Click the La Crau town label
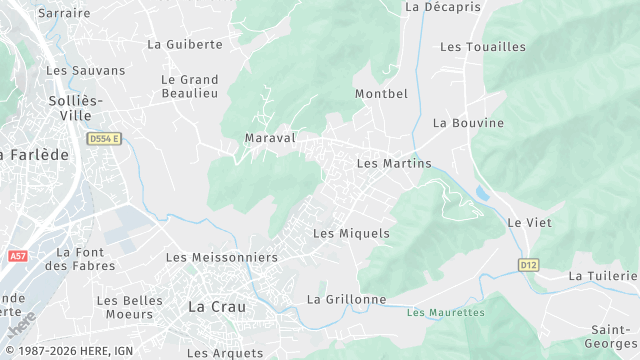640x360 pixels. [217, 307]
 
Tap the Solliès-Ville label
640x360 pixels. [75, 108]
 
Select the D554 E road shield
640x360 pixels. [103, 139]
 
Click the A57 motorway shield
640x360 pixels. [18, 257]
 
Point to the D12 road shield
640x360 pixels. [529, 265]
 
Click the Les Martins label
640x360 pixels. [394, 163]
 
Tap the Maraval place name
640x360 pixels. [270, 138]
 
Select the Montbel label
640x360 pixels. [381, 94]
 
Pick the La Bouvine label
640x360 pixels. [468, 123]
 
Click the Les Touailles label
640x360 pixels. [483, 47]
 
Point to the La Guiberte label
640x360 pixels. [184, 44]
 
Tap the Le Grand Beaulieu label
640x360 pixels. [190, 86]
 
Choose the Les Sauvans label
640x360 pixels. [86, 70]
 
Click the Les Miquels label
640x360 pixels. [351, 233]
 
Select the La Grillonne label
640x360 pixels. [346, 299]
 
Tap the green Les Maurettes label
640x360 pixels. [446, 312]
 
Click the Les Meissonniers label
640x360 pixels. [221, 258]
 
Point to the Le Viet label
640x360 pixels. [523, 222]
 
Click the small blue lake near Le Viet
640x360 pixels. [483, 192]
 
